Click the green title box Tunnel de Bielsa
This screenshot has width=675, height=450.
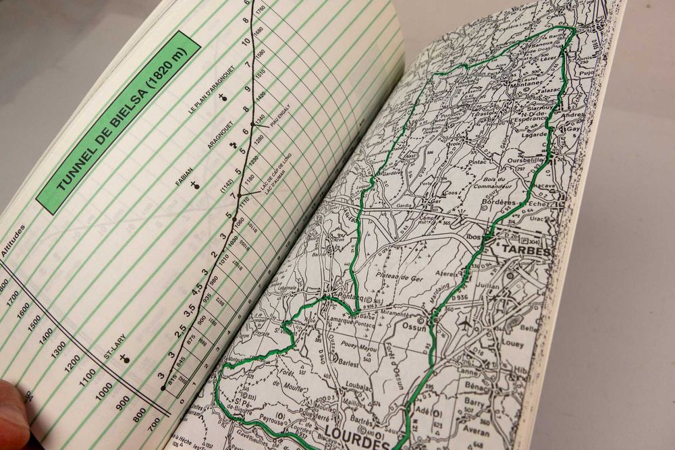[x=118, y=123]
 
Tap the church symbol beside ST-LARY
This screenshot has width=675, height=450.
[x=125, y=358]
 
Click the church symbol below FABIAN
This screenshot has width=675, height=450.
[x=195, y=184]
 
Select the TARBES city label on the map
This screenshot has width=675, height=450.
[x=525, y=251]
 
